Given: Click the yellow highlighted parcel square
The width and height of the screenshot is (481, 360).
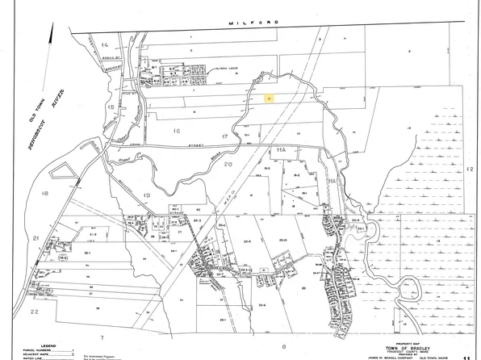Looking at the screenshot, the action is pos(267,97).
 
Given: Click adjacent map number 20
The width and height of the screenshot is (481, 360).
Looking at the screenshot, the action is pos(228,163).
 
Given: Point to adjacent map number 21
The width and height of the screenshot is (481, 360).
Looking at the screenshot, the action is pos(36,239).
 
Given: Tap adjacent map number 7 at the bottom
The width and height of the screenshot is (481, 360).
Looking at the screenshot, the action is pos(102,334).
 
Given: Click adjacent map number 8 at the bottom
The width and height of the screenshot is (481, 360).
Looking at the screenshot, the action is pos(284,345).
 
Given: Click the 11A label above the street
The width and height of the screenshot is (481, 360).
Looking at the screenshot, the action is pos(282,150).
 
